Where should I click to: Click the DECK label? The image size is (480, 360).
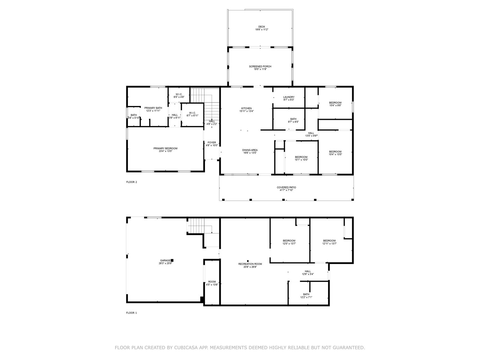tap(261, 27)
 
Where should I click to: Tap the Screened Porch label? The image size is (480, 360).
tap(260, 66)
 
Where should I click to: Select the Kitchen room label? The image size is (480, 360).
tap(246, 108)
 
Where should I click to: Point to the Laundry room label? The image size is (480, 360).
tap(289, 97)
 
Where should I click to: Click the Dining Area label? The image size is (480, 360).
tap(250, 150)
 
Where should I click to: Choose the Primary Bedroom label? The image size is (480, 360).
tap(165, 148)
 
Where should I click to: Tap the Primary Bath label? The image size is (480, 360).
tap(153, 108)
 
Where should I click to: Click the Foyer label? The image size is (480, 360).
tap(212, 143)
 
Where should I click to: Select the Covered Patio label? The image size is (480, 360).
tap(286, 187)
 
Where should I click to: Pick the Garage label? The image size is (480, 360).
tap(165, 260)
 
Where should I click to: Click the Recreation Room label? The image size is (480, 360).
tap(250, 264)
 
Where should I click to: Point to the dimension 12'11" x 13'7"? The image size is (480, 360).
tap(329, 244)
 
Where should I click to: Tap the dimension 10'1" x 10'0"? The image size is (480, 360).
tap(301, 160)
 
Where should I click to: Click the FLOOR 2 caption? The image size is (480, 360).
tap(131, 182)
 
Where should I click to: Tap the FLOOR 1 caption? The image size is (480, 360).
tap(131, 313)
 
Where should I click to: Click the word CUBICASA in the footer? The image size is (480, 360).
tap(186, 348)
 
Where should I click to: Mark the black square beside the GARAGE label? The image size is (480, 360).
tap(172, 260)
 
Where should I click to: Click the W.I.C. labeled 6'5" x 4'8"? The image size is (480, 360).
tap(179, 94)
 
